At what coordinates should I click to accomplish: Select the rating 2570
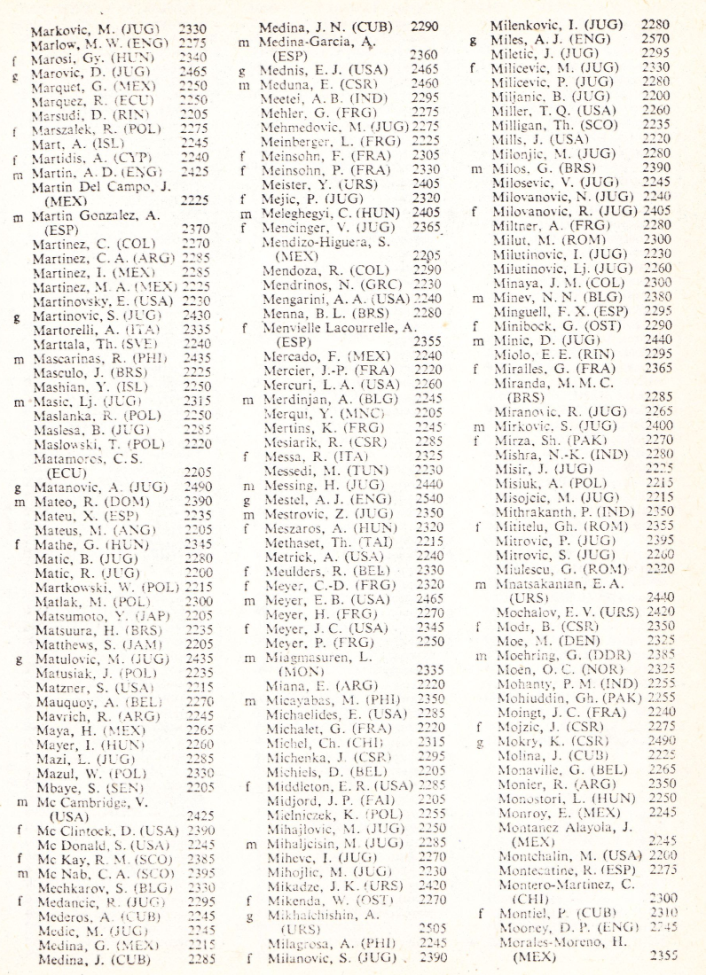(655, 40)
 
